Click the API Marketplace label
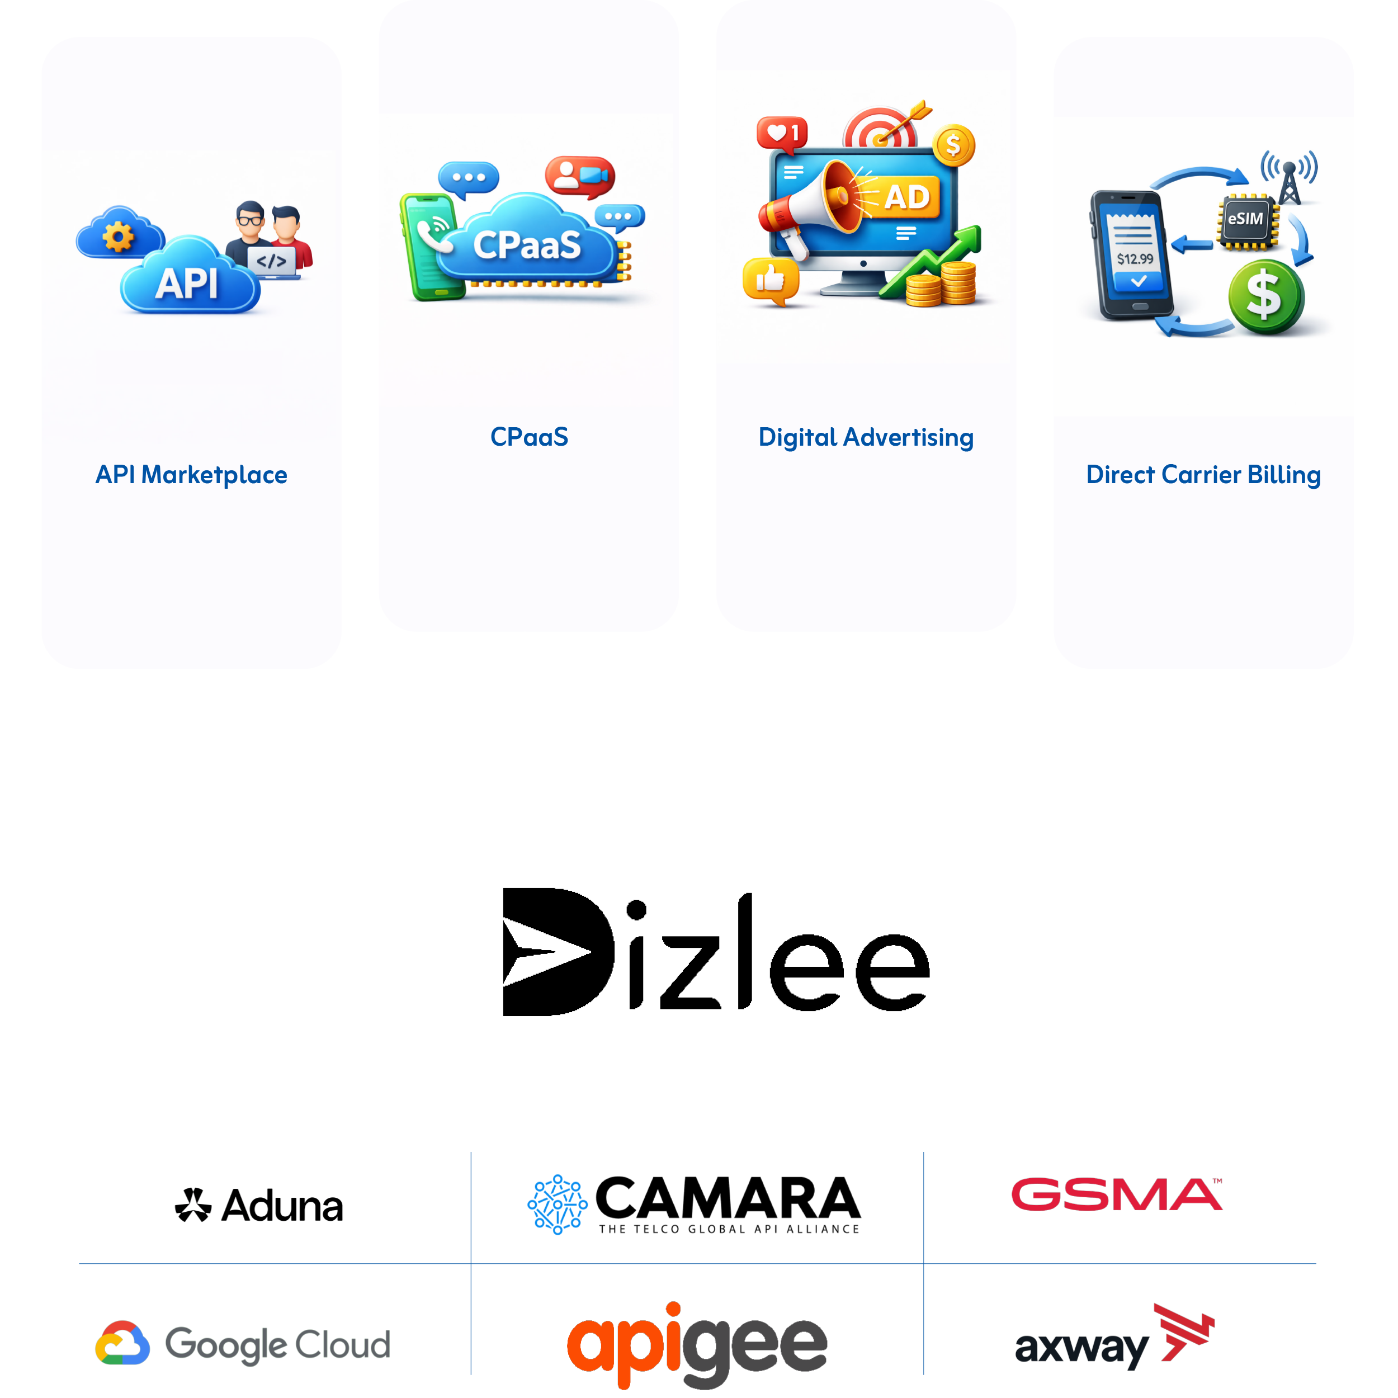point(192,475)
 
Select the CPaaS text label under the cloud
point(529,437)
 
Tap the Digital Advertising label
point(866,438)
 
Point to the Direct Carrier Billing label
point(1203,475)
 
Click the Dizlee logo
point(716,952)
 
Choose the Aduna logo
point(259,1206)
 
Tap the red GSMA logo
point(1117,1194)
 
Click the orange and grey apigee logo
point(697,1344)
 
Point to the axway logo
point(1114,1337)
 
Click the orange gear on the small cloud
point(118,237)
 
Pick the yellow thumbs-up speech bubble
point(771,281)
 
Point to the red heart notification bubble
point(782,135)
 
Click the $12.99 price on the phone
point(1135,258)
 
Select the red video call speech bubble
point(579,176)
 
